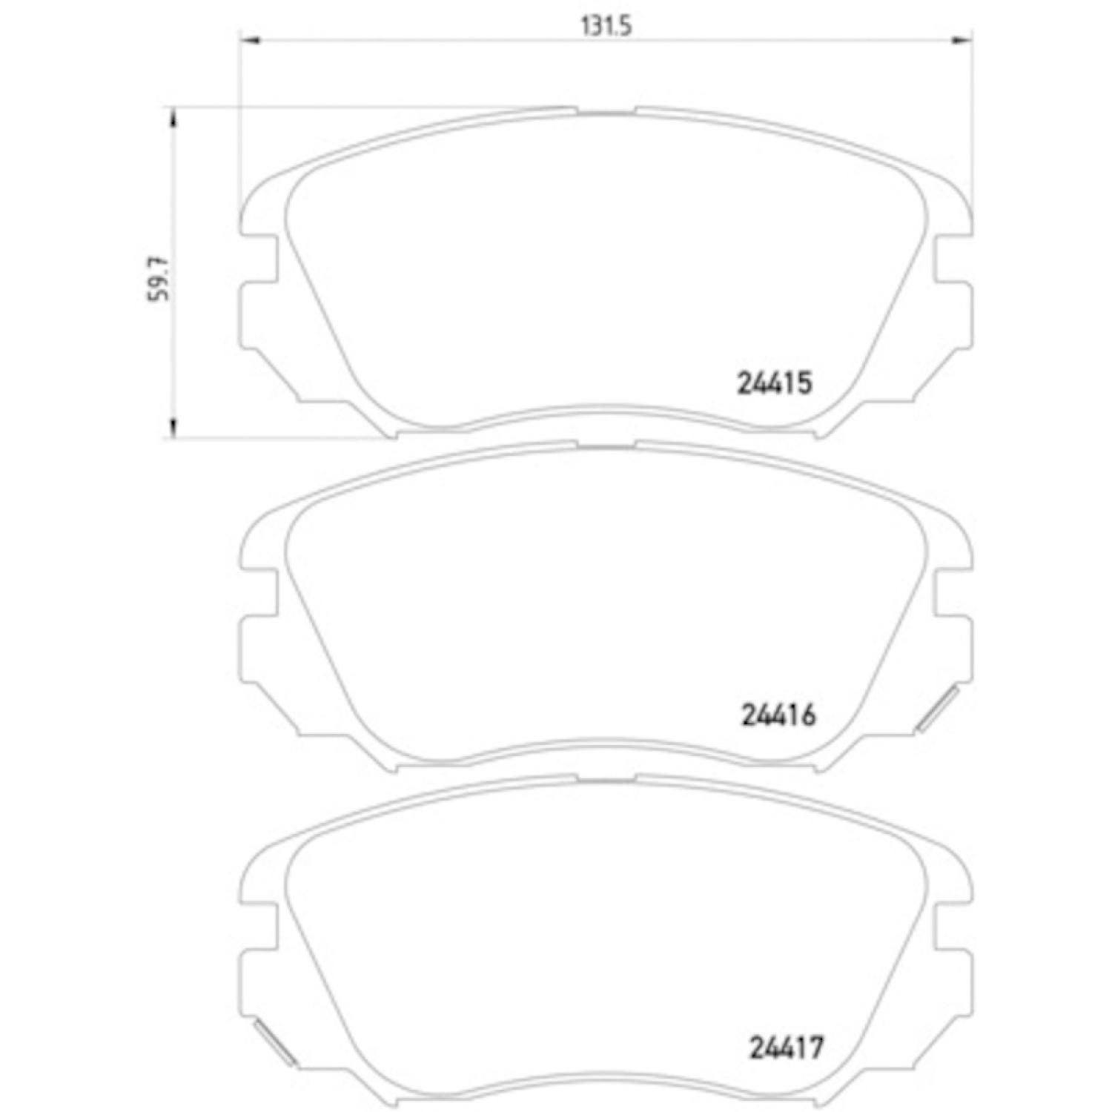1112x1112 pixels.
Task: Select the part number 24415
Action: click(x=775, y=383)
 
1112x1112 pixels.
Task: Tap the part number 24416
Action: click(x=778, y=715)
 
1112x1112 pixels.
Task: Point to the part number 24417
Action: click(x=787, y=1048)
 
